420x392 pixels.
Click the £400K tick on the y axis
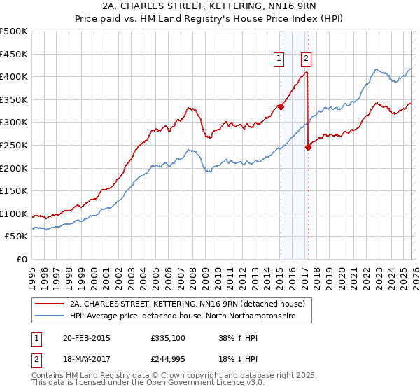14,77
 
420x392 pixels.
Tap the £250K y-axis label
14,146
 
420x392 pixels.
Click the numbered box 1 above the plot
280,59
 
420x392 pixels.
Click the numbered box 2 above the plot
307,59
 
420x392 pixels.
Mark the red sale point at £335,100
281,106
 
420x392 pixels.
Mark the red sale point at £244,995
308,148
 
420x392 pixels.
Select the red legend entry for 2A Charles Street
187,304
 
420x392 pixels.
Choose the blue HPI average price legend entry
182,317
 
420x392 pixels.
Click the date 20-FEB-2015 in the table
83,338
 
